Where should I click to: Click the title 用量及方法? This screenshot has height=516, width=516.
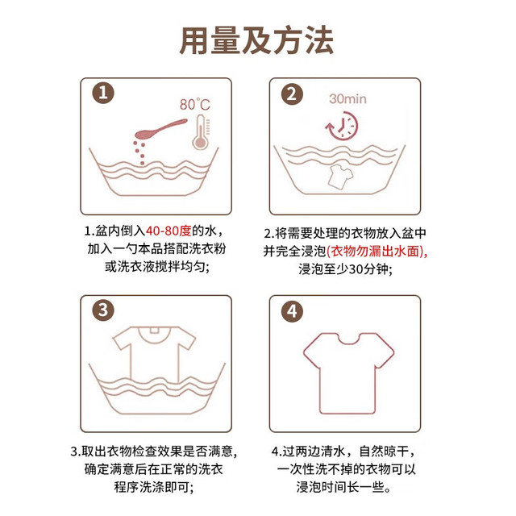[256, 41]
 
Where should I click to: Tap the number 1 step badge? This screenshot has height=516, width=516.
[103, 93]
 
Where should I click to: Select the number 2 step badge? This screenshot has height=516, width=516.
[292, 94]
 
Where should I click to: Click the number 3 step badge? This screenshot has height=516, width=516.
[103, 310]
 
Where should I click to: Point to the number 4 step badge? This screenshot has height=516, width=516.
[292, 311]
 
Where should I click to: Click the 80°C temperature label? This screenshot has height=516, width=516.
[195, 105]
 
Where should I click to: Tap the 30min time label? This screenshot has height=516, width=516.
[347, 98]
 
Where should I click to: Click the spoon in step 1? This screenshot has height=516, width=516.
[160, 128]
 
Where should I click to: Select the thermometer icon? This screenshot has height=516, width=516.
[201, 132]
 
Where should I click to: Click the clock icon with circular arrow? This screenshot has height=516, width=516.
[342, 126]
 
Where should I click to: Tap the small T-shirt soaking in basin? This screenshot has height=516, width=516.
[340, 177]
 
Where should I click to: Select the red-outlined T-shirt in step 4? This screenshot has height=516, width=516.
[348, 373]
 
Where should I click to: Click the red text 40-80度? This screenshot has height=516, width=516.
[169, 231]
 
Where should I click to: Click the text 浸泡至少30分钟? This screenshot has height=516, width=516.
[345, 268]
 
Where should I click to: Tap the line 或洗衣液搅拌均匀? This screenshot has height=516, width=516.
[157, 266]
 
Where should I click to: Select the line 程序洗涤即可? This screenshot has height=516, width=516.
[154, 487]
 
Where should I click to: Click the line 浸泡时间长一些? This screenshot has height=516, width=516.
[344, 487]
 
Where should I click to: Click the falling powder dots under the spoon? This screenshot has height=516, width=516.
[139, 152]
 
